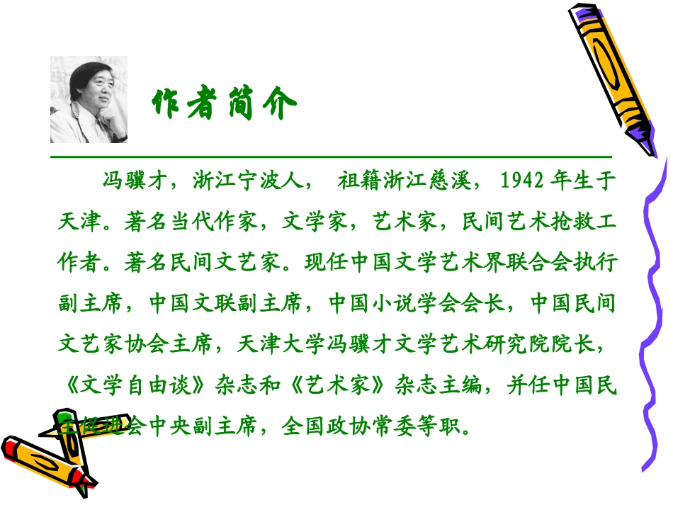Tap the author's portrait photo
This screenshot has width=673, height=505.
point(89,100)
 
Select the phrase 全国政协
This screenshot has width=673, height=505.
point(326,428)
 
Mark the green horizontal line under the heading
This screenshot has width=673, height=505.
point(331,156)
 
